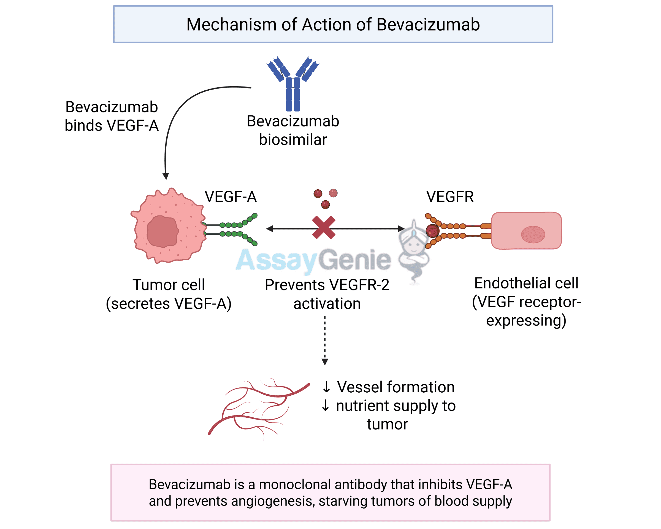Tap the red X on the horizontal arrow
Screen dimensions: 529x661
[x=323, y=227]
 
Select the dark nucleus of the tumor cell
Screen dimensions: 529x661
[x=162, y=231]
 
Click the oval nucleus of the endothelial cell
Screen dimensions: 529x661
[x=533, y=234]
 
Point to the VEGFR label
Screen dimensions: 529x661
[x=450, y=196]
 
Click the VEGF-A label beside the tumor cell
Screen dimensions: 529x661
[x=231, y=196]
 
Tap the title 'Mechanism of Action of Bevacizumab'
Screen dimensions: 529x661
[x=333, y=25]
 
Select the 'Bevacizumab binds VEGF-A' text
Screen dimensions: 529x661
[x=112, y=116]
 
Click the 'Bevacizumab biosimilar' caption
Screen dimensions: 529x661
[x=293, y=130]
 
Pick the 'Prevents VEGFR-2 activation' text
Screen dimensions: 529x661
[x=327, y=294]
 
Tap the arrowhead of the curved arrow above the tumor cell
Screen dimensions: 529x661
[x=166, y=176]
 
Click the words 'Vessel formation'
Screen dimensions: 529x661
[x=395, y=387]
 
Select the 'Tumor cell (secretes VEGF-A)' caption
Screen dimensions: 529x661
[x=169, y=294]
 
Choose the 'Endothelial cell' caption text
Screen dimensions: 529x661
[x=526, y=283]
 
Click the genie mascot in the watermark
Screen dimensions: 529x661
[x=414, y=250]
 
